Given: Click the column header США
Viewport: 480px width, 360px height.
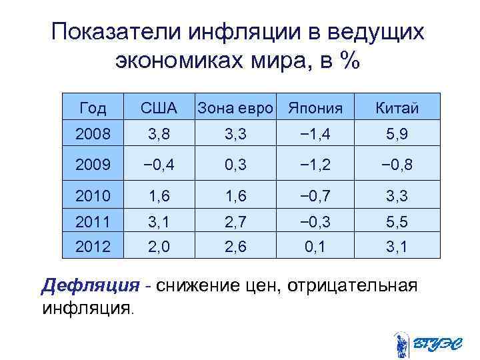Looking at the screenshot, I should pos(158,108).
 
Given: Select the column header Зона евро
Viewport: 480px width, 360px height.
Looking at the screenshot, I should pos(235,108).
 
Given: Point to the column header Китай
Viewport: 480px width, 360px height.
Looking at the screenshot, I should pos(397,108).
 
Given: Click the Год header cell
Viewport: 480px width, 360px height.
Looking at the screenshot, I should pos(93,108).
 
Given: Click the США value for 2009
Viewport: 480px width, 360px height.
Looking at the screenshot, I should pos(158,165).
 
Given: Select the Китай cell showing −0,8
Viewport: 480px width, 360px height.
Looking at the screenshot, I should pos(397,165).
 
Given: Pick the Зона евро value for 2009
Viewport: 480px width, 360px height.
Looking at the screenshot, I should pos(235,165).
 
